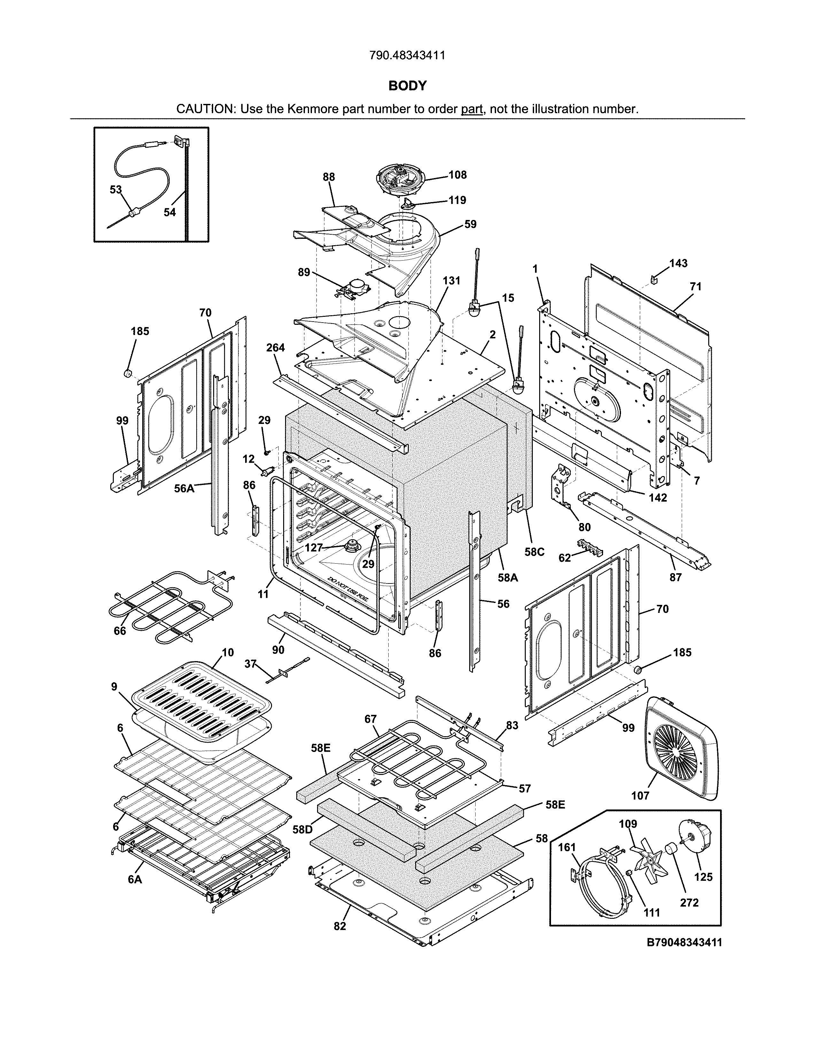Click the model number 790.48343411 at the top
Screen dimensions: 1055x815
pyautogui.click(x=407, y=56)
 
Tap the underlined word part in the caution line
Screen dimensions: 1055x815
pyautogui.click(x=472, y=109)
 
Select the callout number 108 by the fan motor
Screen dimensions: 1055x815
pyautogui.click(x=457, y=175)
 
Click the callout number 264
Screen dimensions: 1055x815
pyautogui.click(x=276, y=348)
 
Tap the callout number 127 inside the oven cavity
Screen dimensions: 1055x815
pyautogui.click(x=314, y=547)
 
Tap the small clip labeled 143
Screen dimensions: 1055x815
pyautogui.click(x=654, y=279)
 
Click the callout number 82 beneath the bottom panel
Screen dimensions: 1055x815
pyautogui.click(x=340, y=926)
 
